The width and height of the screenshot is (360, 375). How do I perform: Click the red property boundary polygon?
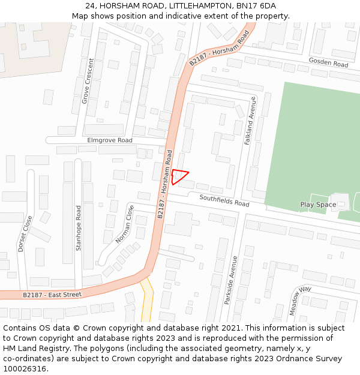(x=178, y=176)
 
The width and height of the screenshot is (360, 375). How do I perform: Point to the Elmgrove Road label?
(x=110, y=140)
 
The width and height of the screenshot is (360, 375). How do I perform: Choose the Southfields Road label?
(x=224, y=200)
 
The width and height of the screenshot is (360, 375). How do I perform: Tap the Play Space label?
(x=318, y=205)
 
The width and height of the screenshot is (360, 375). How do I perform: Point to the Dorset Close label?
(x=25, y=233)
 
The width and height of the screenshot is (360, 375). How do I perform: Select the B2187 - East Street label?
(x=52, y=295)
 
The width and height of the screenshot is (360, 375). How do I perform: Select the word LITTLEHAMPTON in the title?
(x=198, y=6)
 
